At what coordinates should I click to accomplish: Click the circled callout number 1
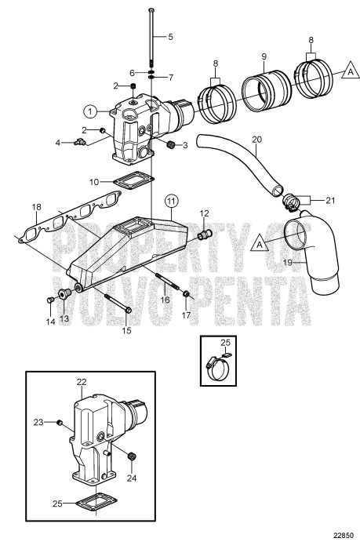92,111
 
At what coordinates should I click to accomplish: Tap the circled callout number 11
172,201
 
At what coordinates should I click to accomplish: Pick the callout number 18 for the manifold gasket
35,207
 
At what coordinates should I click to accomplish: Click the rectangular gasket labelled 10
142,180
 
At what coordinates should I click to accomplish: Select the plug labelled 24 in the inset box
131,456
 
